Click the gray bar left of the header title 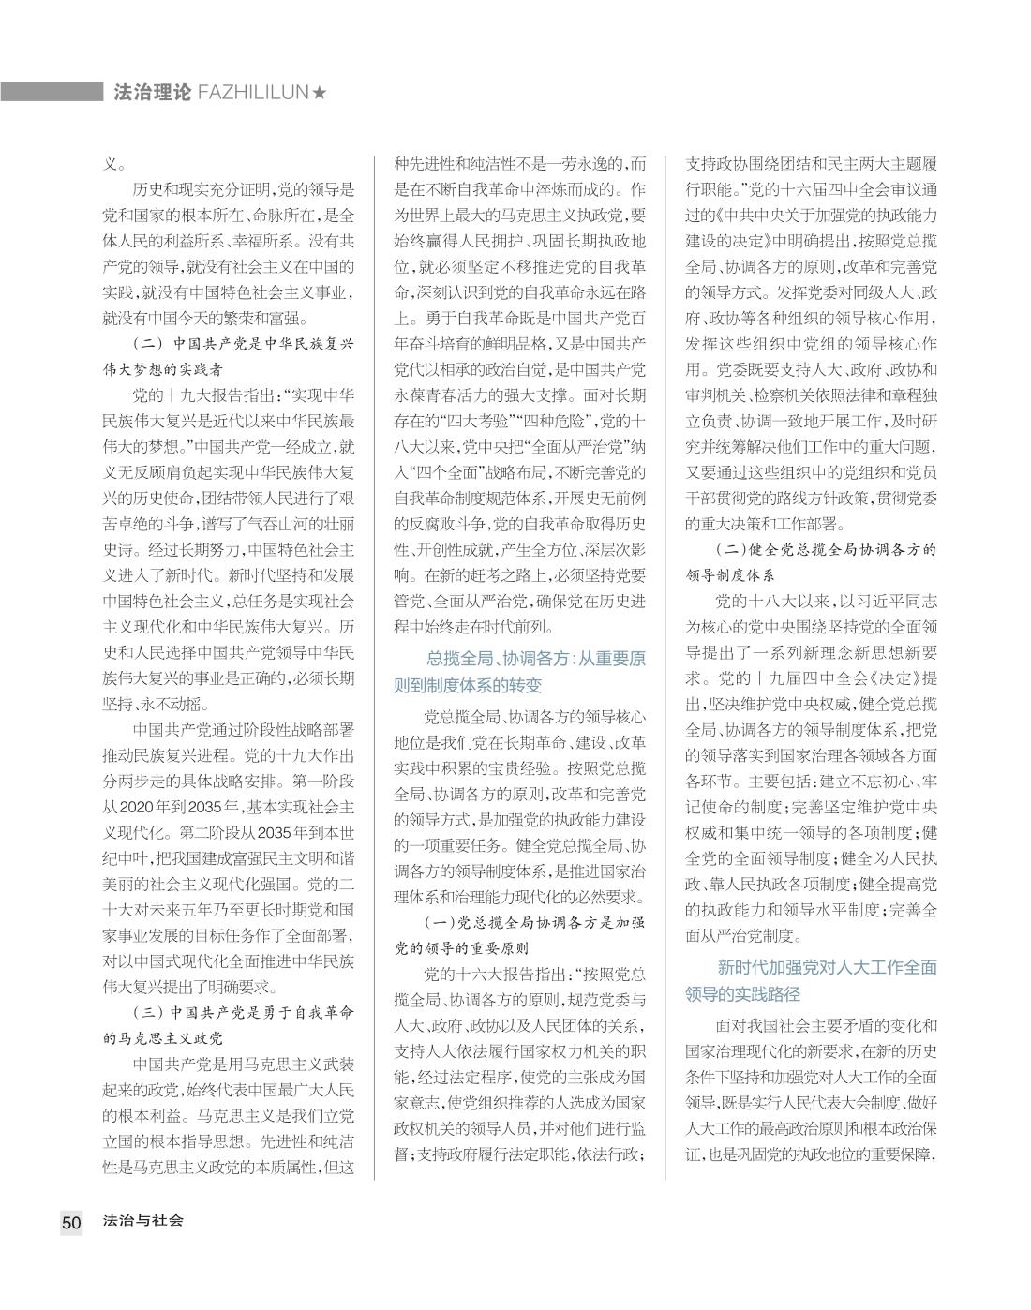51,92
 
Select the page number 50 71,1221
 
